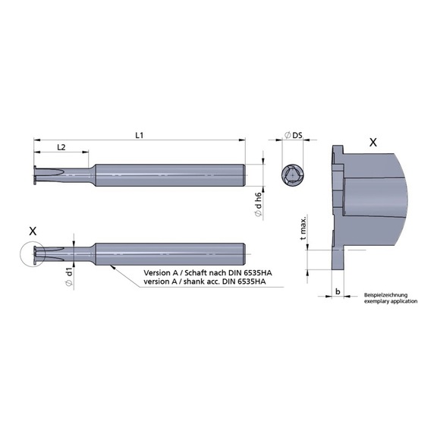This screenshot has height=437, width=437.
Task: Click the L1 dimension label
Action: coord(140,134)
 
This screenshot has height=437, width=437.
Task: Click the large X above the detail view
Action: coord(372,142)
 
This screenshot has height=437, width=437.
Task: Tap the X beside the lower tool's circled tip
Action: coord(31,229)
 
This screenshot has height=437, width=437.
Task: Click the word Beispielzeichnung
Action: coord(385,294)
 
